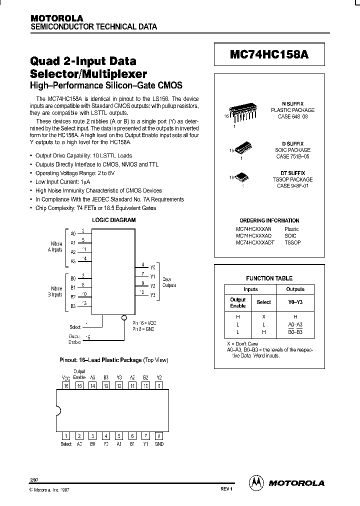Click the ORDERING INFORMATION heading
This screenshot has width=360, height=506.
[x=269, y=220]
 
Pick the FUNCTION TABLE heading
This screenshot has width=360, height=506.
[x=269, y=278]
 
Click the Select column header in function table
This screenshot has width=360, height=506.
[x=263, y=302]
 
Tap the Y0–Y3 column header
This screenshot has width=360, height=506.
[x=295, y=302]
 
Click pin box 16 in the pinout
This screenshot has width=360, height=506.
[x=65, y=386]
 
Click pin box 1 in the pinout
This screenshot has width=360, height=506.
[x=65, y=435]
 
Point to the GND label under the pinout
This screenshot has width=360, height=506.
[x=159, y=444]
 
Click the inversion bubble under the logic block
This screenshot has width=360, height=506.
[x=124, y=317]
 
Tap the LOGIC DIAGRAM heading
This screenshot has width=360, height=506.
[x=113, y=220]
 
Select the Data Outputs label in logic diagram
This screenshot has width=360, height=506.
[x=169, y=282]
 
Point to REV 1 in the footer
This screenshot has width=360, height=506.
[x=226, y=489]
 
